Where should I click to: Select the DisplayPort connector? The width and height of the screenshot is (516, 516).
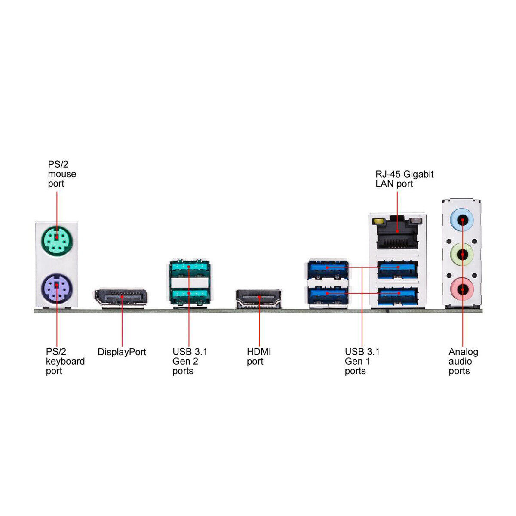pos(120,297)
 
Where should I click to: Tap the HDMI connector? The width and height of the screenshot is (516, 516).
pos(259,298)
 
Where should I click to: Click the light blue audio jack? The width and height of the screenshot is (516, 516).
pos(462,220)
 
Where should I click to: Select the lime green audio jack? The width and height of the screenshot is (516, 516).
pos(462,254)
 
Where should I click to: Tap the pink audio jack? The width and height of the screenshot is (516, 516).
pos(462,289)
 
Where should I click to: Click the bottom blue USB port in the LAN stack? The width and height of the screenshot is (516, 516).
pos(397,296)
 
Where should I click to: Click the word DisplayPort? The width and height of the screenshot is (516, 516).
pos(122,352)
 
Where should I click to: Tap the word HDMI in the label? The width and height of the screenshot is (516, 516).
pos(259,351)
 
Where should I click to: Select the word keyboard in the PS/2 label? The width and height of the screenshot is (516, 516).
pos(65,361)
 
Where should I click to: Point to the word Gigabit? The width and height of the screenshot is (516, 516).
pos(418,174)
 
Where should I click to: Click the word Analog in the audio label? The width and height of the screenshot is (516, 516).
pos(463,352)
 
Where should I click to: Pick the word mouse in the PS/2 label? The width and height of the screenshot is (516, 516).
pos(62,174)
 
